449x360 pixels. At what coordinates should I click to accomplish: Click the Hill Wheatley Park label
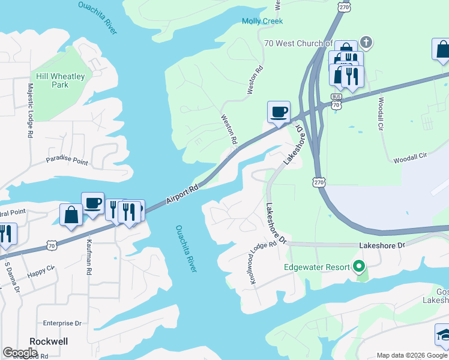[x=59, y=80]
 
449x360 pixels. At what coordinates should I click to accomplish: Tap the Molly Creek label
[x=262, y=21]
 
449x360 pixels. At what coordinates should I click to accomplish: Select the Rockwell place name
[x=49, y=341]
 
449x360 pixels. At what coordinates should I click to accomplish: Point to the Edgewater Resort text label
[x=317, y=266]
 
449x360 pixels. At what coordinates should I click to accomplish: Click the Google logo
[x=20, y=353]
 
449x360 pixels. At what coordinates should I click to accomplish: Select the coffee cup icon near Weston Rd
[x=278, y=112]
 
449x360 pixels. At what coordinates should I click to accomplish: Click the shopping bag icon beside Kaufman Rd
[x=71, y=215]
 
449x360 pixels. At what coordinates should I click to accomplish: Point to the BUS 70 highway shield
[x=336, y=101]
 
